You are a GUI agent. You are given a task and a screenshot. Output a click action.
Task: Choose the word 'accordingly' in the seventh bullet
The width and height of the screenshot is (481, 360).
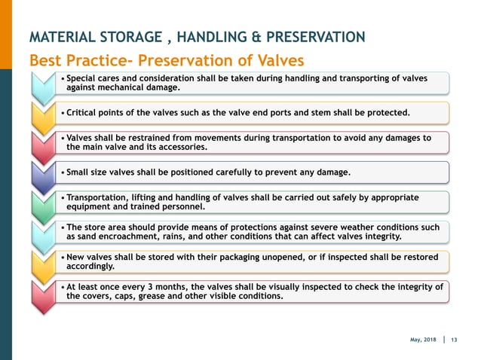tap(90, 266)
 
